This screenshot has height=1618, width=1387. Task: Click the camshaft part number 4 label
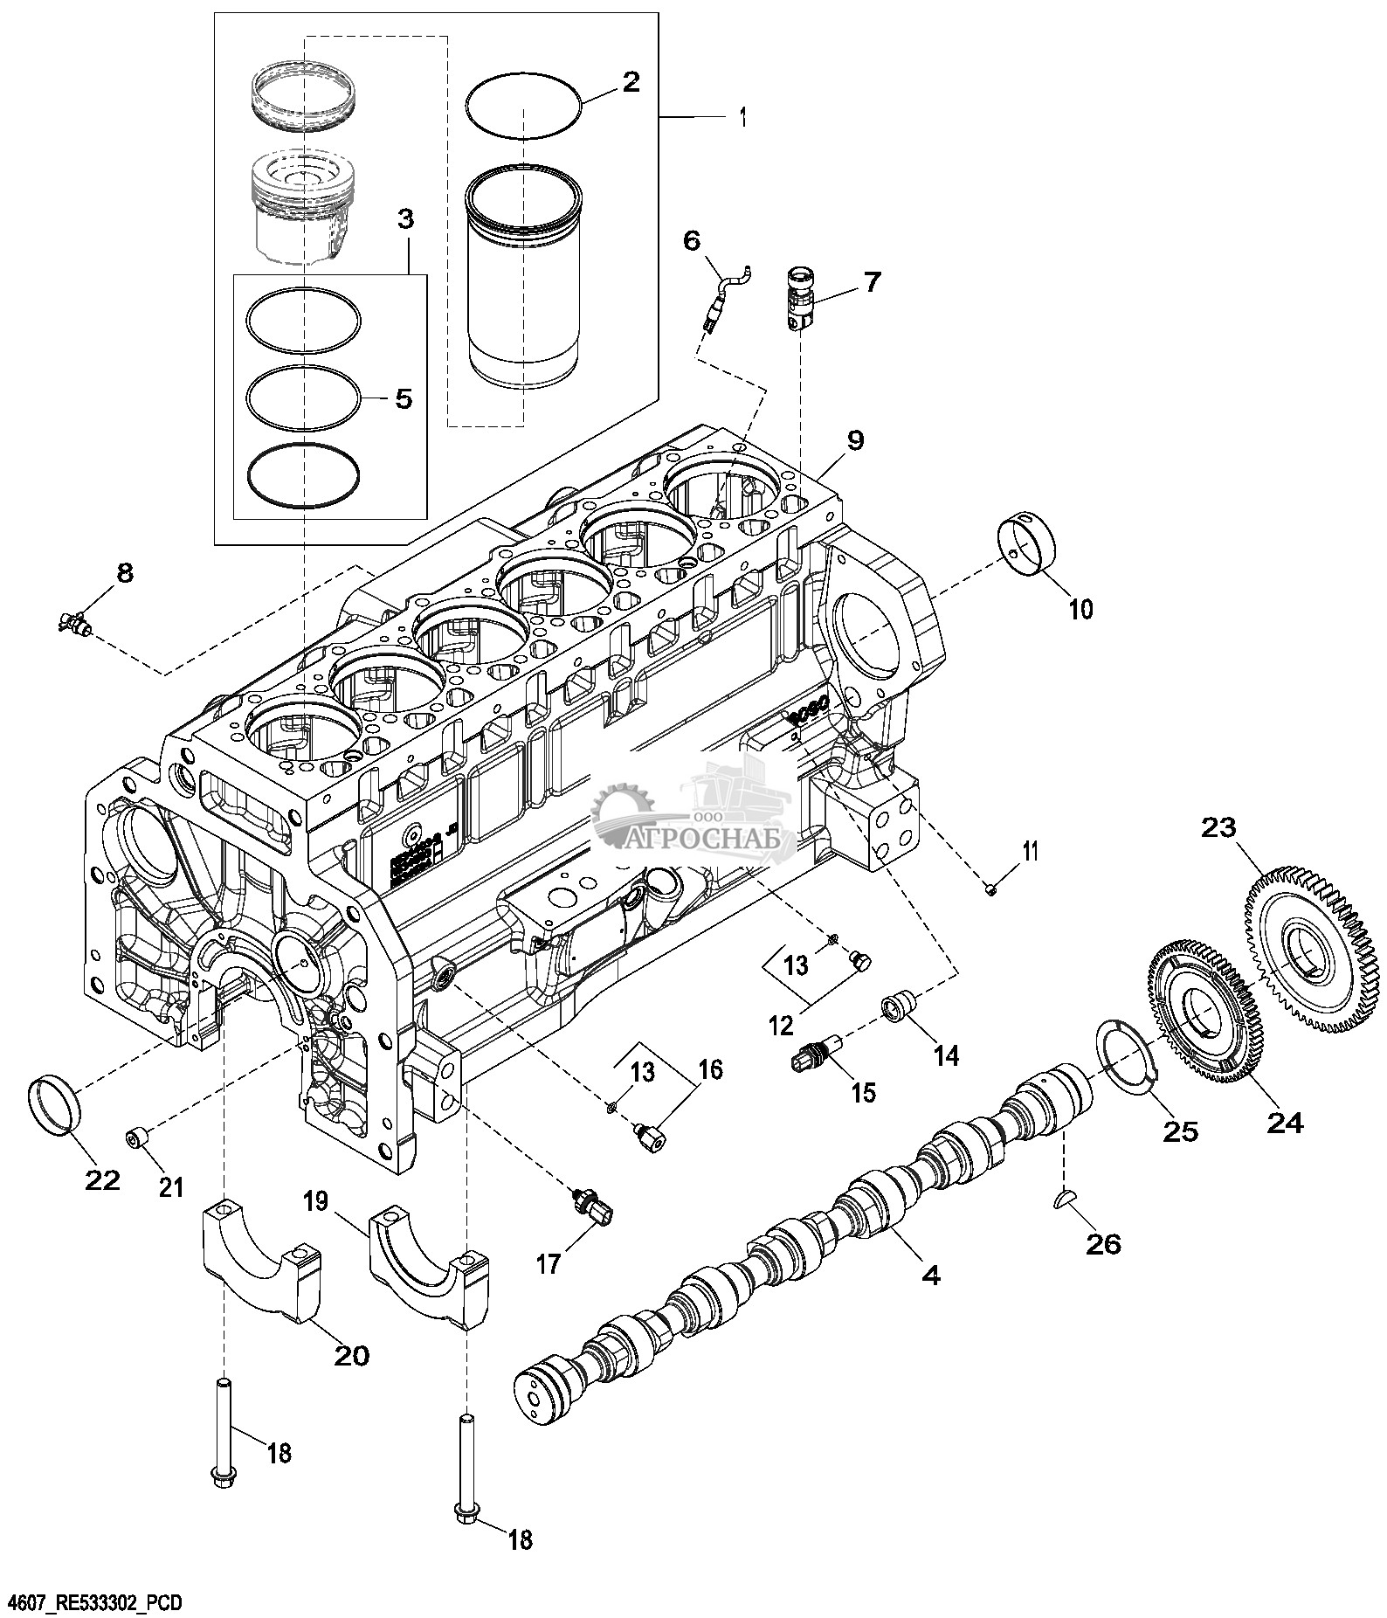932,1276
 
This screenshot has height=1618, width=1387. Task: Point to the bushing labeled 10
1027,547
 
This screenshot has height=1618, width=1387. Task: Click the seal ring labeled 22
55,1106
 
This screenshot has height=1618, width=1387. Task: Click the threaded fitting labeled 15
818,1054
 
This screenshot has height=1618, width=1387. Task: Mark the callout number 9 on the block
853,439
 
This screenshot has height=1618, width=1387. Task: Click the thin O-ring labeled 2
522,105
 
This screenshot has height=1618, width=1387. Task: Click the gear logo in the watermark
622,812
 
